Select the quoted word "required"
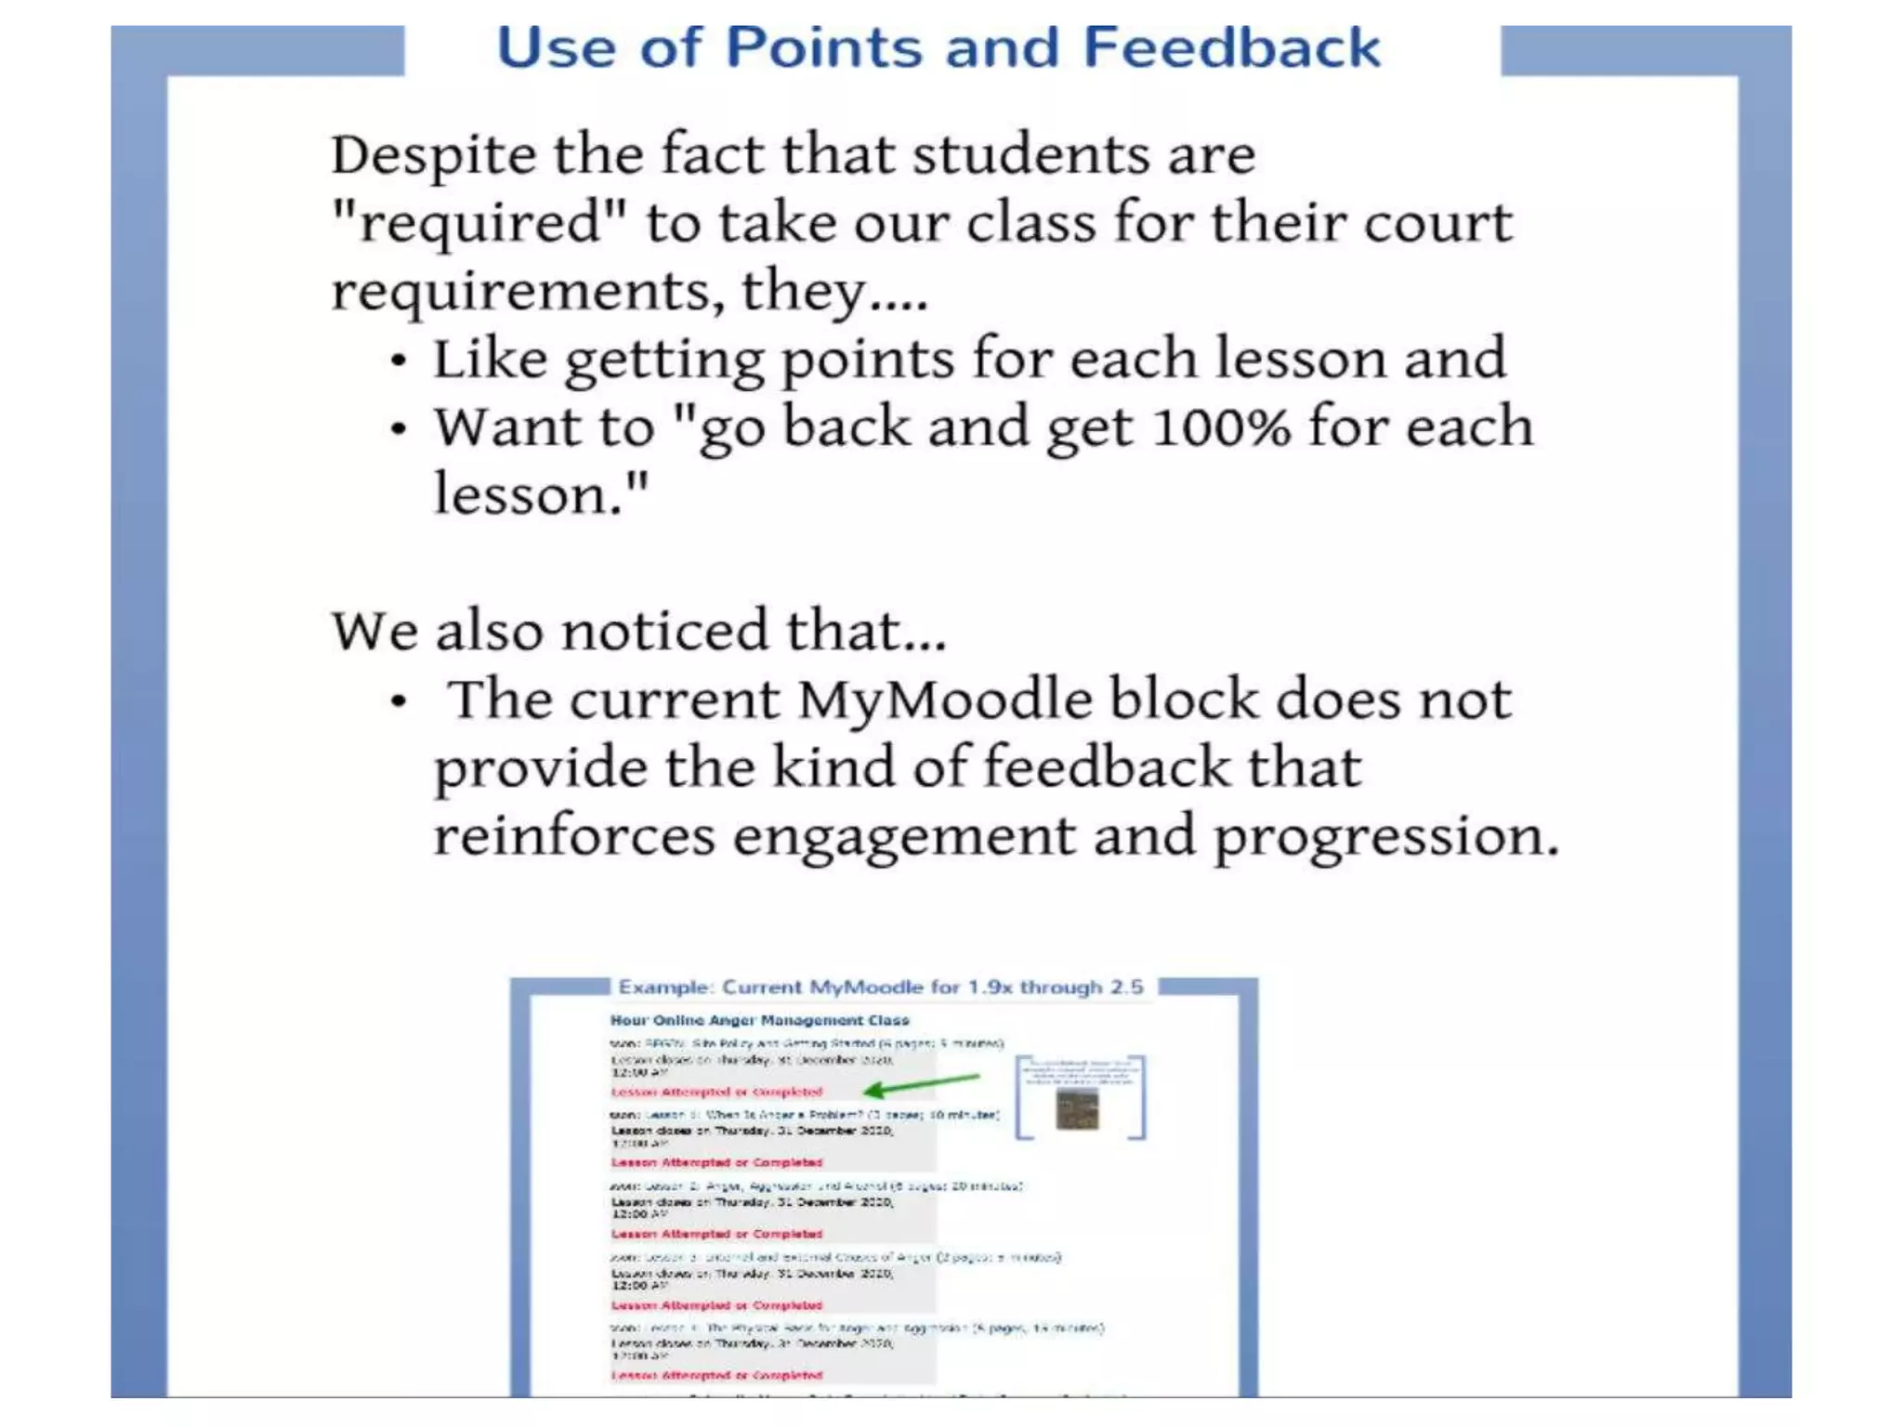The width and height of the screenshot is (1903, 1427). click(479, 223)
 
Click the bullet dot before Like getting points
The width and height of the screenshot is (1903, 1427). click(399, 360)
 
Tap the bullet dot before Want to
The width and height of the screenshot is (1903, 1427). click(399, 429)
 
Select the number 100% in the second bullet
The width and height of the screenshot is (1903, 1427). click(1221, 427)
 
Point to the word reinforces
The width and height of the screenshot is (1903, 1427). click(574, 835)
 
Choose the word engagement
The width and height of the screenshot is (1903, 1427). click(903, 837)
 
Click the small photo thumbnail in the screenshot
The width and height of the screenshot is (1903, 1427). click(1078, 1109)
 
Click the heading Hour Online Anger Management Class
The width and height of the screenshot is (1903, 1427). click(759, 1020)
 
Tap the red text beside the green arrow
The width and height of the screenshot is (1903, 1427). click(716, 1092)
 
